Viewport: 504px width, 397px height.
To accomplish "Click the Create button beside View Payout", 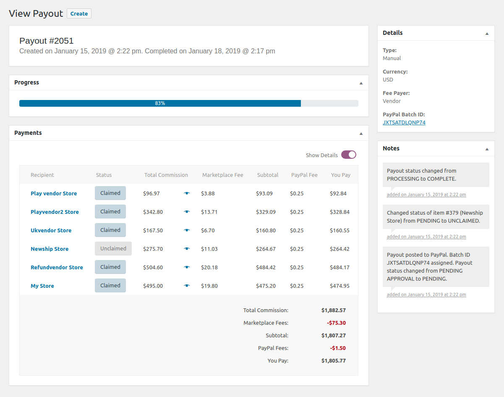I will [x=79, y=13].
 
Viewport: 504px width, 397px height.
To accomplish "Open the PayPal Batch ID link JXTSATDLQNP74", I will [x=404, y=123].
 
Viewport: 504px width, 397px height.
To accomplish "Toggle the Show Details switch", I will [x=348, y=155].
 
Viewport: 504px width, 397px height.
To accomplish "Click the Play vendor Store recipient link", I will [x=54, y=194].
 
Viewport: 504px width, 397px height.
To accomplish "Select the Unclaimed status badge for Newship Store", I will [x=113, y=249].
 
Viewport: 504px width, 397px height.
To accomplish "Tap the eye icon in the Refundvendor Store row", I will [x=187, y=267].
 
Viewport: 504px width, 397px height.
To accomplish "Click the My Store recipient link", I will [x=42, y=286].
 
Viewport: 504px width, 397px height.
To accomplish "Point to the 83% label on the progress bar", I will [x=160, y=103].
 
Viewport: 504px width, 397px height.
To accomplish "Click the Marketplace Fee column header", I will [x=222, y=175].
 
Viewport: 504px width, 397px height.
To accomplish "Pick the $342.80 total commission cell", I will [x=153, y=212].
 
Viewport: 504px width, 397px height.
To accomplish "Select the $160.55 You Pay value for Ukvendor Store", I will [x=339, y=231].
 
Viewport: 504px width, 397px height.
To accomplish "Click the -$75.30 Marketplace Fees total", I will [x=336, y=323].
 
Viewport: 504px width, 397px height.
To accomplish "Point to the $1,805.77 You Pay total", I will [x=334, y=361].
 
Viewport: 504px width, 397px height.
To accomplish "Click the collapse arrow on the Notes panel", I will [x=487, y=149].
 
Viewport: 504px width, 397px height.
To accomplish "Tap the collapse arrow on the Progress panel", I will [x=361, y=83].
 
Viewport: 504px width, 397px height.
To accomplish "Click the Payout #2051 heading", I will [x=47, y=41].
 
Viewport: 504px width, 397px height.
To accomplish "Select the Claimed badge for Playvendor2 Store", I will [x=110, y=212].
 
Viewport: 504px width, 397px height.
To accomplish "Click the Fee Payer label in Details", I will [x=396, y=93].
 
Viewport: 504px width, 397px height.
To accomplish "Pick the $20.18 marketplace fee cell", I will [x=209, y=268].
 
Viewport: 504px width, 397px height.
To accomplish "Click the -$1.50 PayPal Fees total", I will [x=338, y=348].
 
